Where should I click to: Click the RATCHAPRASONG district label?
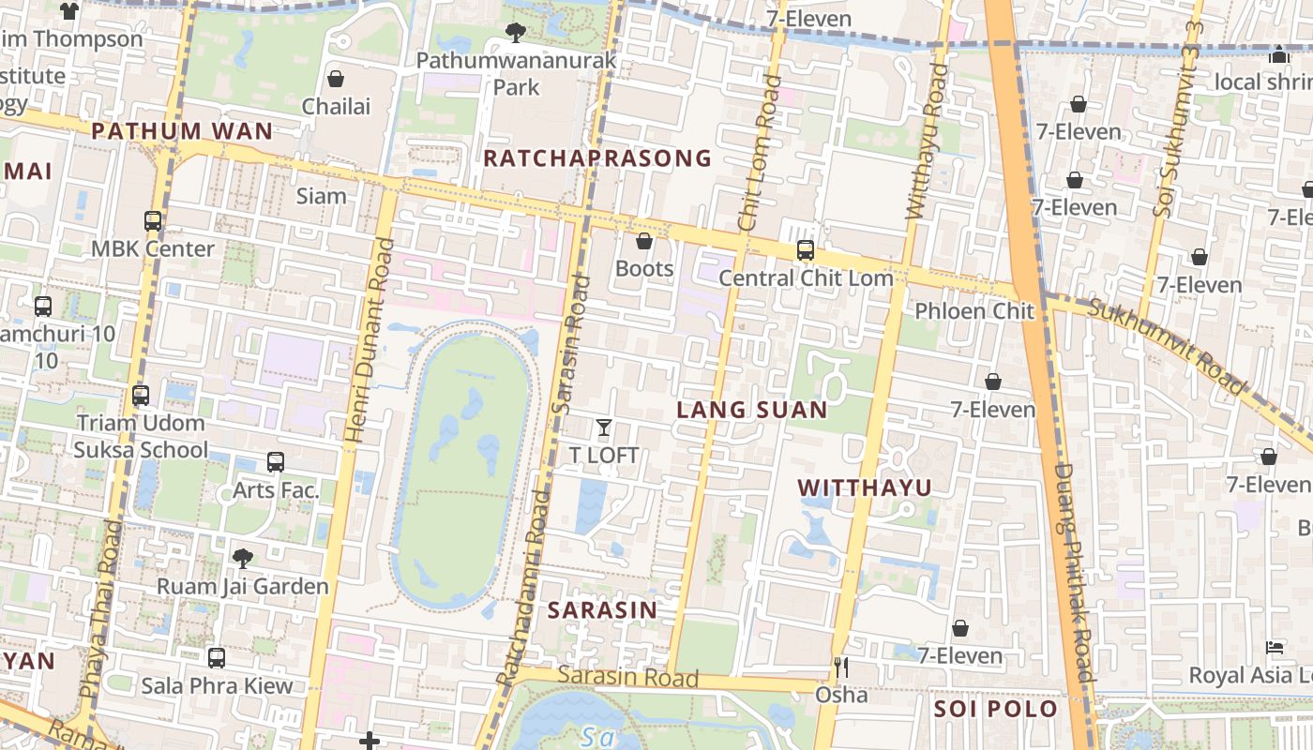point(597,158)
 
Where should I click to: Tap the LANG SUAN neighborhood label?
point(752,410)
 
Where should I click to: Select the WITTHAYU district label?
point(865,487)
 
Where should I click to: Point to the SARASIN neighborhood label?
point(602,610)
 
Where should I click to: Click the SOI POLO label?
point(996,709)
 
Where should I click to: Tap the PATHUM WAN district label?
point(182,131)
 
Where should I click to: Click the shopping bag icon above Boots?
point(644,242)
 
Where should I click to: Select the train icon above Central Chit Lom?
point(805,250)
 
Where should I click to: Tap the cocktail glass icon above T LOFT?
point(604,428)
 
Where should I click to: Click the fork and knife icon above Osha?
point(841,667)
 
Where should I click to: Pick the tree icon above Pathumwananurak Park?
point(515,34)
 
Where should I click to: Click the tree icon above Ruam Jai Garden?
point(242,559)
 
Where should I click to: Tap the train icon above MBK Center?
point(153,221)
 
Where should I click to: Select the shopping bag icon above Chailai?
point(335,79)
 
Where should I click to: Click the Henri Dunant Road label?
point(370,339)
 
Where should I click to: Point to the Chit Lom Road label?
point(759,153)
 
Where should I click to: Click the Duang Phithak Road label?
point(1073,572)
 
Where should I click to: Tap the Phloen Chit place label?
point(973,311)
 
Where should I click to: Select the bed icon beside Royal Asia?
point(1275,648)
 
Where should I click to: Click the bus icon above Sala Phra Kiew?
point(217,658)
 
